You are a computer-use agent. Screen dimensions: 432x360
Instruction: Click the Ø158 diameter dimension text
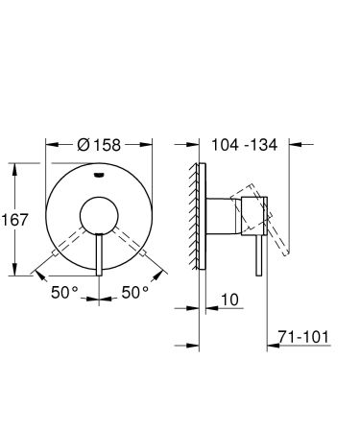click(x=99, y=145)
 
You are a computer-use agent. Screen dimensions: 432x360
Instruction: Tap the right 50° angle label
click(x=135, y=291)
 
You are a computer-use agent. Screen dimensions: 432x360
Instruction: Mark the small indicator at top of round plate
click(x=100, y=176)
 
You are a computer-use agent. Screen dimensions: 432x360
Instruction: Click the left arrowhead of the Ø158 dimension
click(x=49, y=145)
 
